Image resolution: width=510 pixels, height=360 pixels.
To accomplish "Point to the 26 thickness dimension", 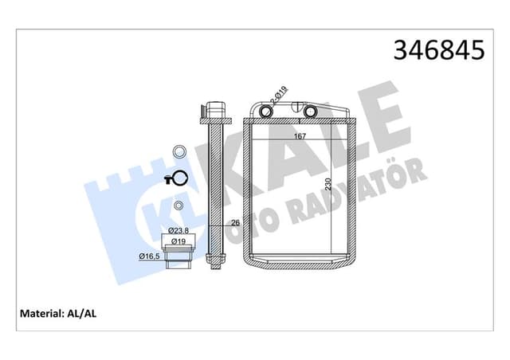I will [235, 223].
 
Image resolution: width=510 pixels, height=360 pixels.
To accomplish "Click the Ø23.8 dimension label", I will [178, 233].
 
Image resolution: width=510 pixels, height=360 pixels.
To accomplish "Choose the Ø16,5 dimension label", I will [151, 256].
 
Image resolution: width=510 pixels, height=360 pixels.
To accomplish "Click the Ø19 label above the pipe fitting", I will [179, 241].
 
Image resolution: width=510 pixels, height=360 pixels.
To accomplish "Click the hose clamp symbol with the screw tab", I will [178, 179].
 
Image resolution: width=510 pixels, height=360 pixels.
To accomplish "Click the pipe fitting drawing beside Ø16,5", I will [179, 257].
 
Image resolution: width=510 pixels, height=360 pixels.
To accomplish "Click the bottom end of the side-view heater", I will [214, 261].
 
